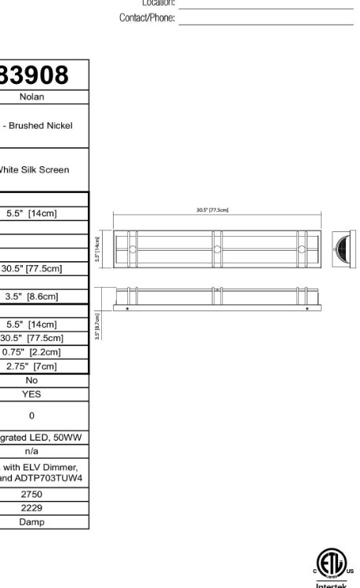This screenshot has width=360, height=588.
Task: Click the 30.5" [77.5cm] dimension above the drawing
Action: coord(212,210)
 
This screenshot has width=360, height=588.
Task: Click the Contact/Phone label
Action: coord(147,17)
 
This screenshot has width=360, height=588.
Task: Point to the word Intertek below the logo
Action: coord(330,585)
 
